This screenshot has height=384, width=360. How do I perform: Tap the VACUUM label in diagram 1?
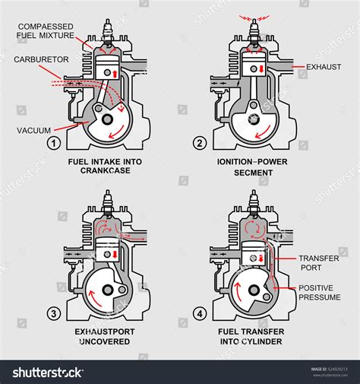(x=34, y=130)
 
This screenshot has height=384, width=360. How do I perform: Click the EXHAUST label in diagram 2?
(x=324, y=67)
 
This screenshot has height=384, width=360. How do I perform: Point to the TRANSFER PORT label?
(x=318, y=262)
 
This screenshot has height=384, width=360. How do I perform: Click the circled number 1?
(x=54, y=142)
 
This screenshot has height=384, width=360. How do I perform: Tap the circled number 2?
(x=200, y=142)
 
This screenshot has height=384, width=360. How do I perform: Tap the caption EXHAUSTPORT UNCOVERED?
(x=102, y=336)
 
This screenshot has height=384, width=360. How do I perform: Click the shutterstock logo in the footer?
(x=47, y=373)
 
